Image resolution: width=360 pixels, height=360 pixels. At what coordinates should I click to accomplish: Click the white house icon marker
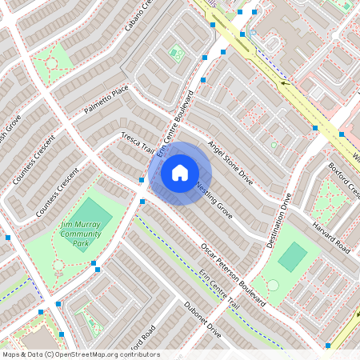(x=180, y=173)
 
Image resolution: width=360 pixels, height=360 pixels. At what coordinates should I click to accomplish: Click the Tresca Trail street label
(x=138, y=142)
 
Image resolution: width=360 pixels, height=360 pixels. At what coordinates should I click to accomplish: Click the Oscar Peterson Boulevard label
(x=233, y=274)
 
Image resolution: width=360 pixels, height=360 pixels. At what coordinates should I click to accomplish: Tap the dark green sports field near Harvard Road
(x=293, y=257)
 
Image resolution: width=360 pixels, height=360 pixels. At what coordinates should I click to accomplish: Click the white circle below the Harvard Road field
(x=273, y=284)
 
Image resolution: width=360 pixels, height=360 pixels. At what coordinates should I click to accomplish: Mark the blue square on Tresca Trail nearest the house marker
(x=141, y=181)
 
